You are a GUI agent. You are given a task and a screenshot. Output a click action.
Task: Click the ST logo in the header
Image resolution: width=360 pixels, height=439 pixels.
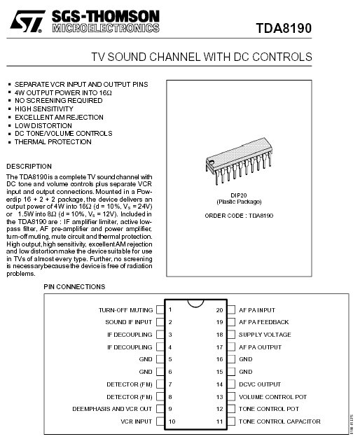tap(27, 21)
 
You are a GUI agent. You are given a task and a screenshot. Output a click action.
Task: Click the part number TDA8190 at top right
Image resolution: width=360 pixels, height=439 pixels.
tap(284, 28)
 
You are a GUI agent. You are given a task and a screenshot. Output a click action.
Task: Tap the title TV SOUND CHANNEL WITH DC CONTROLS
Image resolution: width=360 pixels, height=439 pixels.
tap(202, 57)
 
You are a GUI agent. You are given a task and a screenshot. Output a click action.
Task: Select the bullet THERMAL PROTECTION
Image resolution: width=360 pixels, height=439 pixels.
tap(53, 142)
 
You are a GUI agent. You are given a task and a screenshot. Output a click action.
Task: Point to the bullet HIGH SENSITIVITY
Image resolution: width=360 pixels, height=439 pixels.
tap(44, 109)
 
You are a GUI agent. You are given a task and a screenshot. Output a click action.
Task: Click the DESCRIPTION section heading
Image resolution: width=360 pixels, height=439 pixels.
tap(29, 167)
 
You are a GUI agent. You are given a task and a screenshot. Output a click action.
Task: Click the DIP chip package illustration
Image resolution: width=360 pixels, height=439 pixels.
tap(239, 161)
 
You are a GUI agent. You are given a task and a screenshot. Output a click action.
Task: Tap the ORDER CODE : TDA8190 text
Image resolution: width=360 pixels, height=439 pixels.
tap(239, 216)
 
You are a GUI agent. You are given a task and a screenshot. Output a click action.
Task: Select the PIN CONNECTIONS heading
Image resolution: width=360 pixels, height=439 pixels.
tap(74, 286)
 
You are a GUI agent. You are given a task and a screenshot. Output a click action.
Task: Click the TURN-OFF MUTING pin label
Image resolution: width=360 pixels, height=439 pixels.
tap(126, 310)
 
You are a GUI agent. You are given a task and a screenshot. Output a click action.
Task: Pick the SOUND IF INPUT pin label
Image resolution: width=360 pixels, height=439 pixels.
tap(129, 322)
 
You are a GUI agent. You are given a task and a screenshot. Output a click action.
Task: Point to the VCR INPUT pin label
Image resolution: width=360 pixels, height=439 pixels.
tap(137, 421)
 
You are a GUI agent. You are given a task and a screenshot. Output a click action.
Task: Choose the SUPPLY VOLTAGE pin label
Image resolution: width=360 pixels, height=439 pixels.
tap(265, 335)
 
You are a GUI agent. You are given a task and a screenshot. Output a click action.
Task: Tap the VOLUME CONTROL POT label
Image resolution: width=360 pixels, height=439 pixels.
tap(273, 397)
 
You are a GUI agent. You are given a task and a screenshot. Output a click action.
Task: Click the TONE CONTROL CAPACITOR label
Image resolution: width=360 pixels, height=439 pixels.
tap(279, 421)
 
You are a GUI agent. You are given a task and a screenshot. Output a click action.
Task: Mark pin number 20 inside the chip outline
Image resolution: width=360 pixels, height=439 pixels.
tap(220, 310)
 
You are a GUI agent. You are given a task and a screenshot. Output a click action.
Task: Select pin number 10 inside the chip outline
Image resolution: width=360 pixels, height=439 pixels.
tap(172, 421)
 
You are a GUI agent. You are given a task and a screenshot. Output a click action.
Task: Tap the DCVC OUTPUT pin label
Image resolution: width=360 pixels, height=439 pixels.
tap(260, 384)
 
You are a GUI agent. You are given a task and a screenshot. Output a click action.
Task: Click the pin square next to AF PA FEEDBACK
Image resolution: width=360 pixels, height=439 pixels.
tap(231, 322)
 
